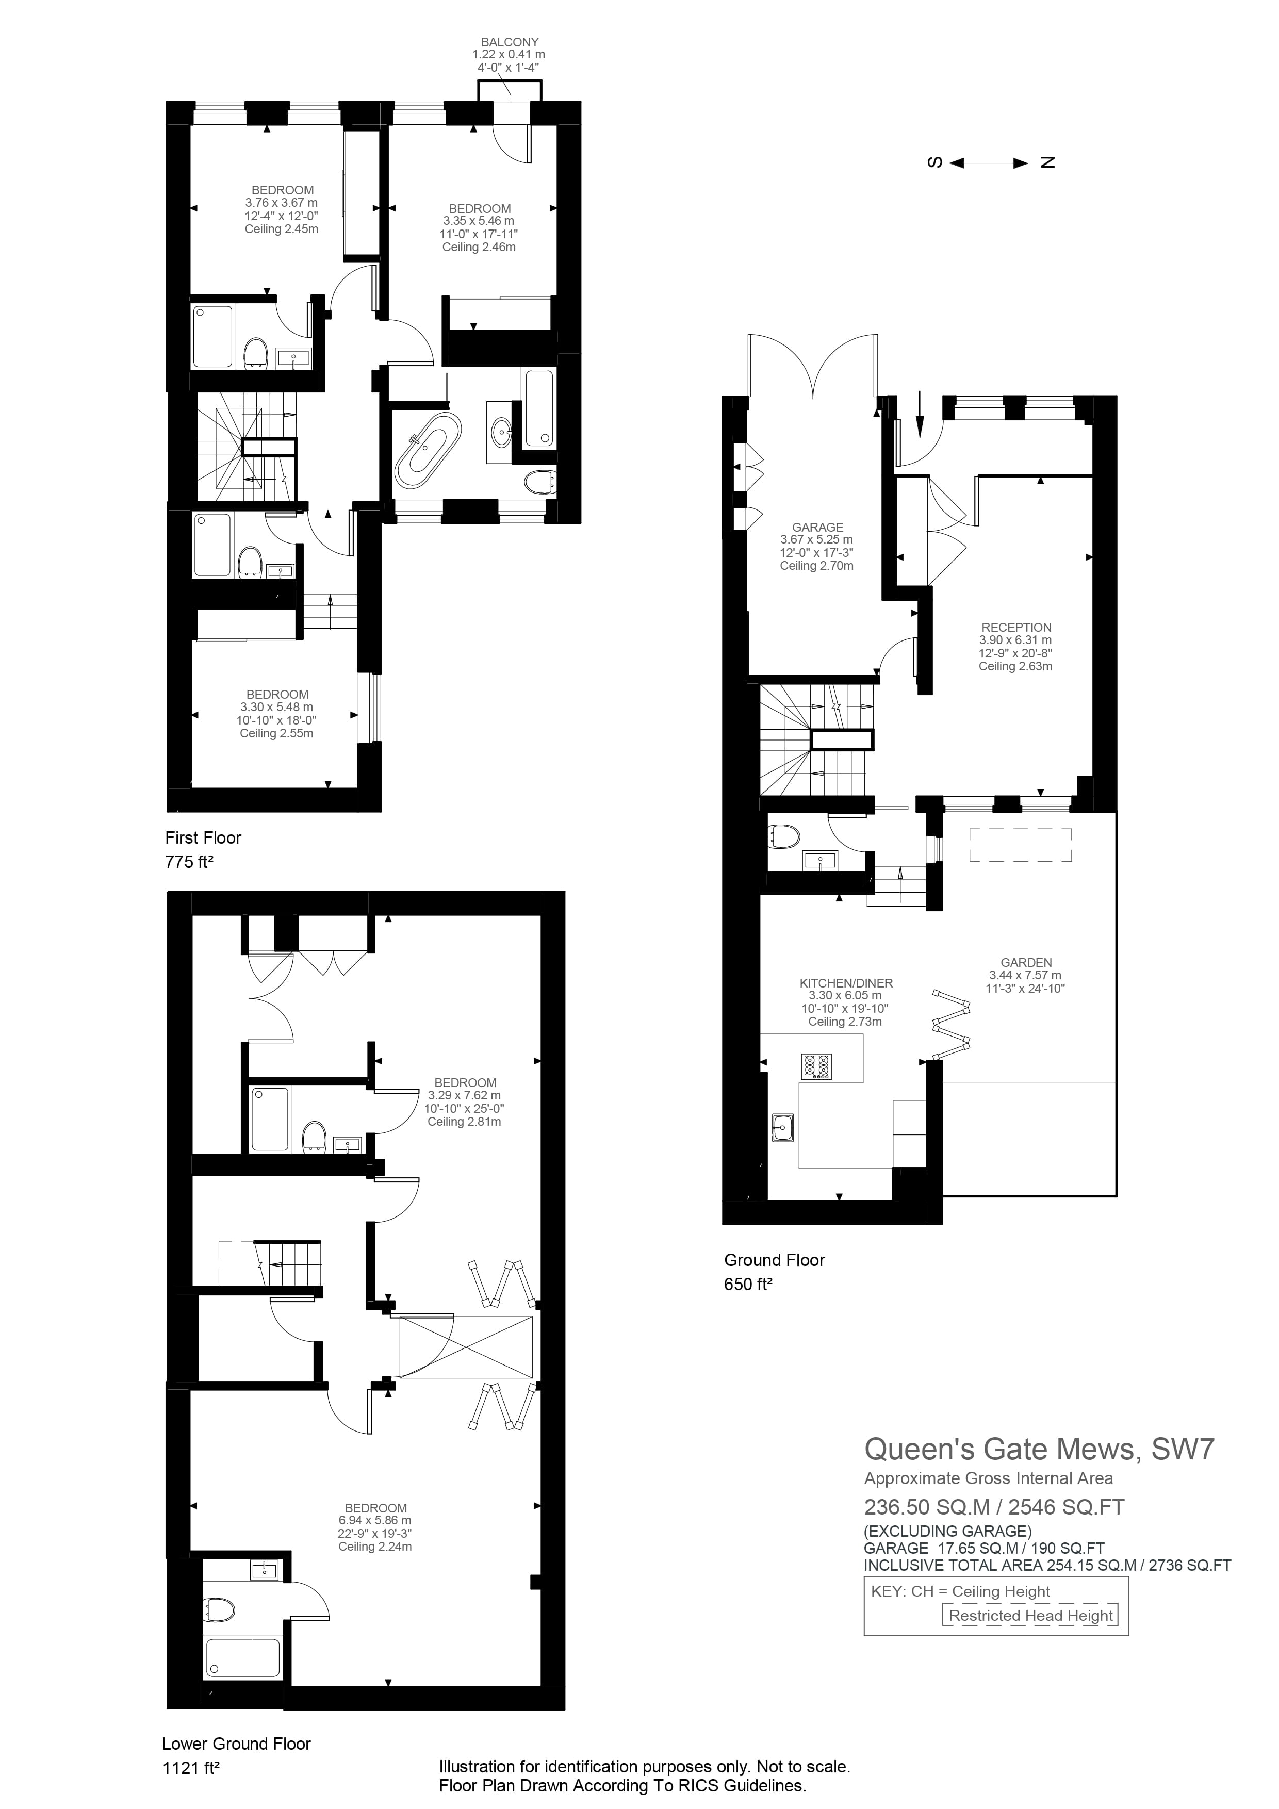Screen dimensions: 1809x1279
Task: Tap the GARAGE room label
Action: (x=817, y=527)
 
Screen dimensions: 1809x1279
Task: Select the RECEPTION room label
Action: (x=1016, y=627)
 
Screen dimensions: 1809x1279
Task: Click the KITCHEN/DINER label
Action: (x=846, y=983)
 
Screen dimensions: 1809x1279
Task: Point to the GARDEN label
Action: (x=1026, y=962)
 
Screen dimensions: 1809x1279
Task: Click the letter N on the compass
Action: (x=1047, y=163)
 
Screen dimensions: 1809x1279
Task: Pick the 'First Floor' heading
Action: (x=203, y=837)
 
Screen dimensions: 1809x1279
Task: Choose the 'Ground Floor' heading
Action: (x=774, y=1260)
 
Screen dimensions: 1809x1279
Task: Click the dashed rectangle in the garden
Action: (x=1020, y=845)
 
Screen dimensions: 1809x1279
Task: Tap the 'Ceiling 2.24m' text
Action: (x=374, y=1547)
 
